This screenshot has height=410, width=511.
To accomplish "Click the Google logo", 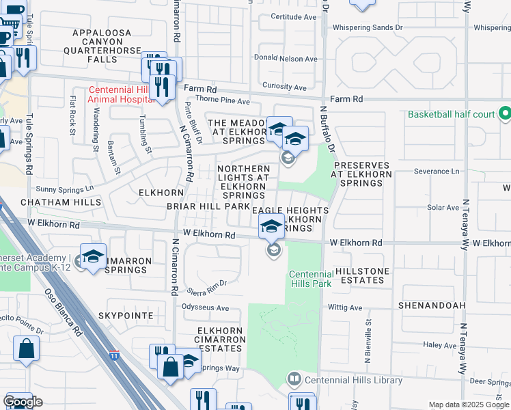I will [x=23, y=402].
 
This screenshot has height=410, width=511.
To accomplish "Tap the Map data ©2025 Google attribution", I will [x=468, y=405].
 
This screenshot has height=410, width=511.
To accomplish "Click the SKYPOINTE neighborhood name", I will [x=123, y=315].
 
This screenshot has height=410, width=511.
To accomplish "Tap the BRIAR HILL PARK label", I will [x=208, y=206].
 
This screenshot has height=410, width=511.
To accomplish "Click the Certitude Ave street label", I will [x=294, y=16].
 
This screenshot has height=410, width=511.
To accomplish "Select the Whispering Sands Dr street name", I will [x=368, y=28].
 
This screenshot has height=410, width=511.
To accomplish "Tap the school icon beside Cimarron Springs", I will [x=92, y=257].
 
